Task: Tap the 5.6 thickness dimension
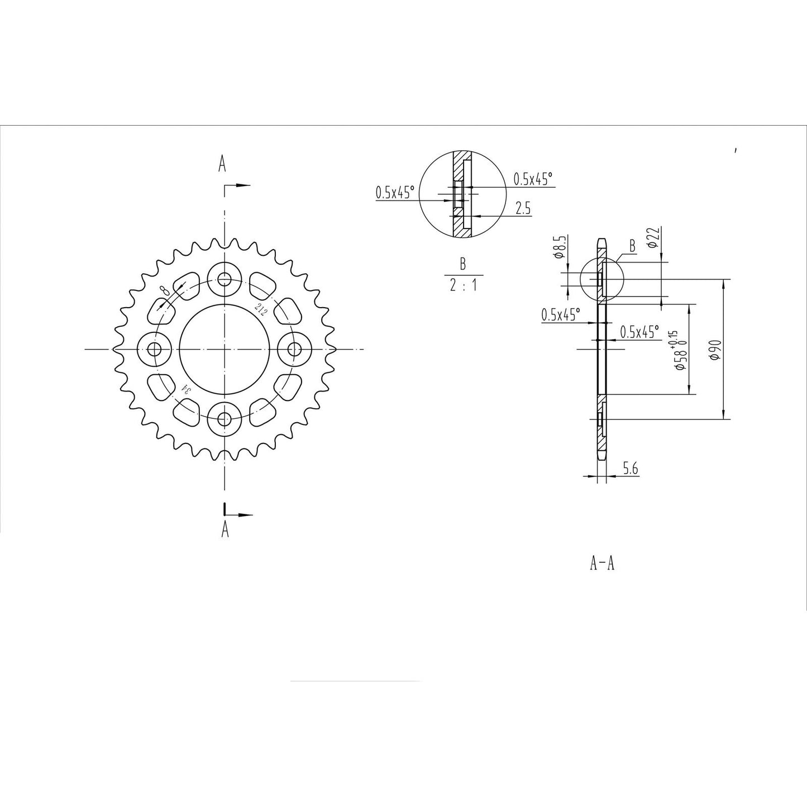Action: pos(630,469)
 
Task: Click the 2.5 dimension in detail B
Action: pos(523,209)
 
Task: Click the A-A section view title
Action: pos(602,564)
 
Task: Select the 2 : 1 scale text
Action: pos(463,286)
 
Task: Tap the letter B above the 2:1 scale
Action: pos(462,264)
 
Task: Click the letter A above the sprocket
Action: pos(222,164)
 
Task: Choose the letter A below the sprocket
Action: pos(225,529)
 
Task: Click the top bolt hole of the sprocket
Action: pos(225,279)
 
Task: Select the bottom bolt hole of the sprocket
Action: pos(225,418)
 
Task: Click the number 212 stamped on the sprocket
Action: pos(261,309)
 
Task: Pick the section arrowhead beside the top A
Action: pos(243,185)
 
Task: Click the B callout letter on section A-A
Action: pos(632,246)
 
